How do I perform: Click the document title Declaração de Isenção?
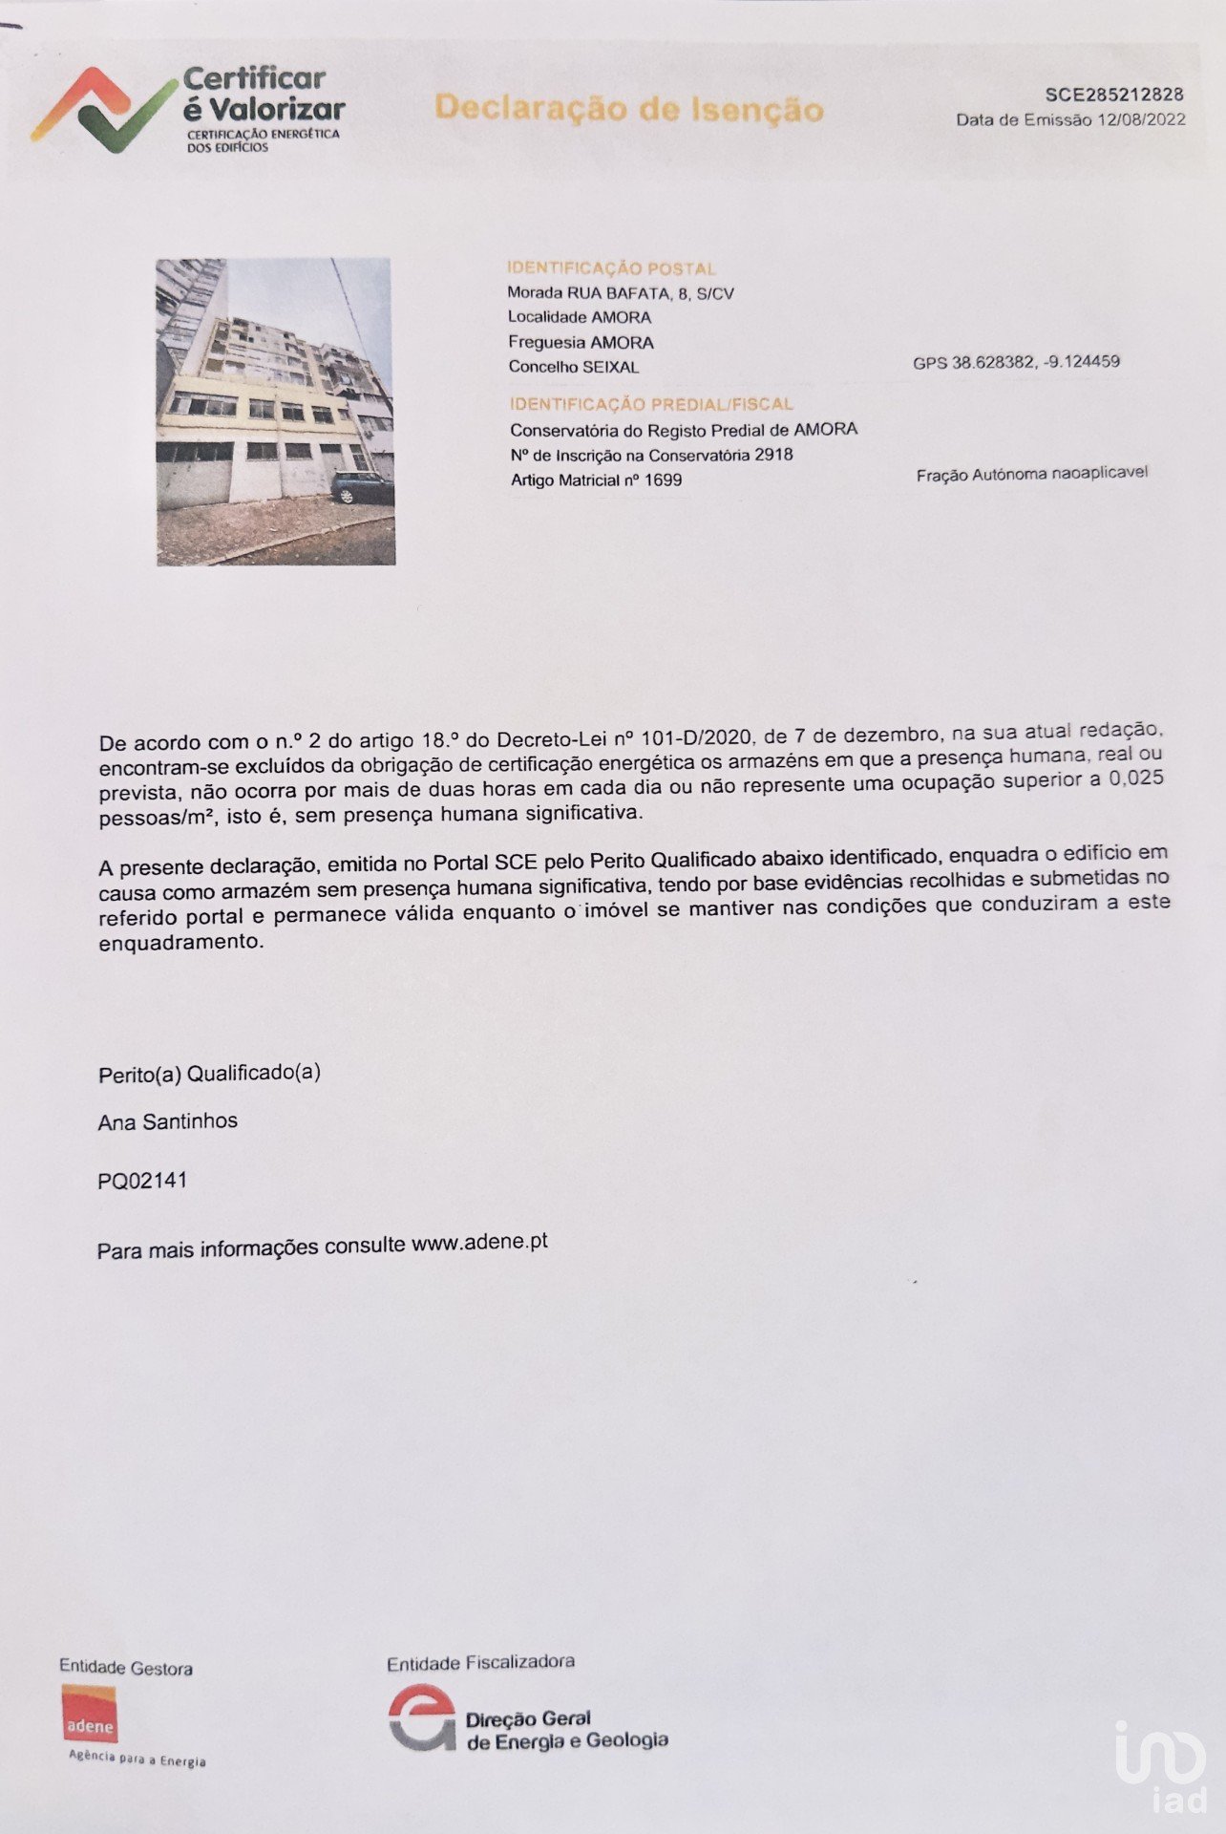pyautogui.click(x=628, y=108)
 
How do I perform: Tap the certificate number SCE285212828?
pyautogui.click(x=1114, y=94)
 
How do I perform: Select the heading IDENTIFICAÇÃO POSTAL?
pyautogui.click(x=611, y=268)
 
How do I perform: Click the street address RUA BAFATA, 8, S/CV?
pyautogui.click(x=650, y=293)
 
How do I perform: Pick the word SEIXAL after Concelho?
pyautogui.click(x=617, y=367)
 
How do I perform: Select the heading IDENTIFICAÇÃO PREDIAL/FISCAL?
pyautogui.click(x=651, y=404)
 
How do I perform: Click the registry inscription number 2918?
pyautogui.click(x=773, y=455)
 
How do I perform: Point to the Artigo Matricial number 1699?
pyautogui.click(x=663, y=480)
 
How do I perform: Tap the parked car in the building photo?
pyautogui.click(x=362, y=488)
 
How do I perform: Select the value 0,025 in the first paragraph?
pyautogui.click(x=1135, y=778)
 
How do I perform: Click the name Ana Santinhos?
pyautogui.click(x=167, y=1121)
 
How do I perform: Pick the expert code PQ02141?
pyautogui.click(x=142, y=1181)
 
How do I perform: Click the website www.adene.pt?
pyautogui.click(x=479, y=1243)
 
